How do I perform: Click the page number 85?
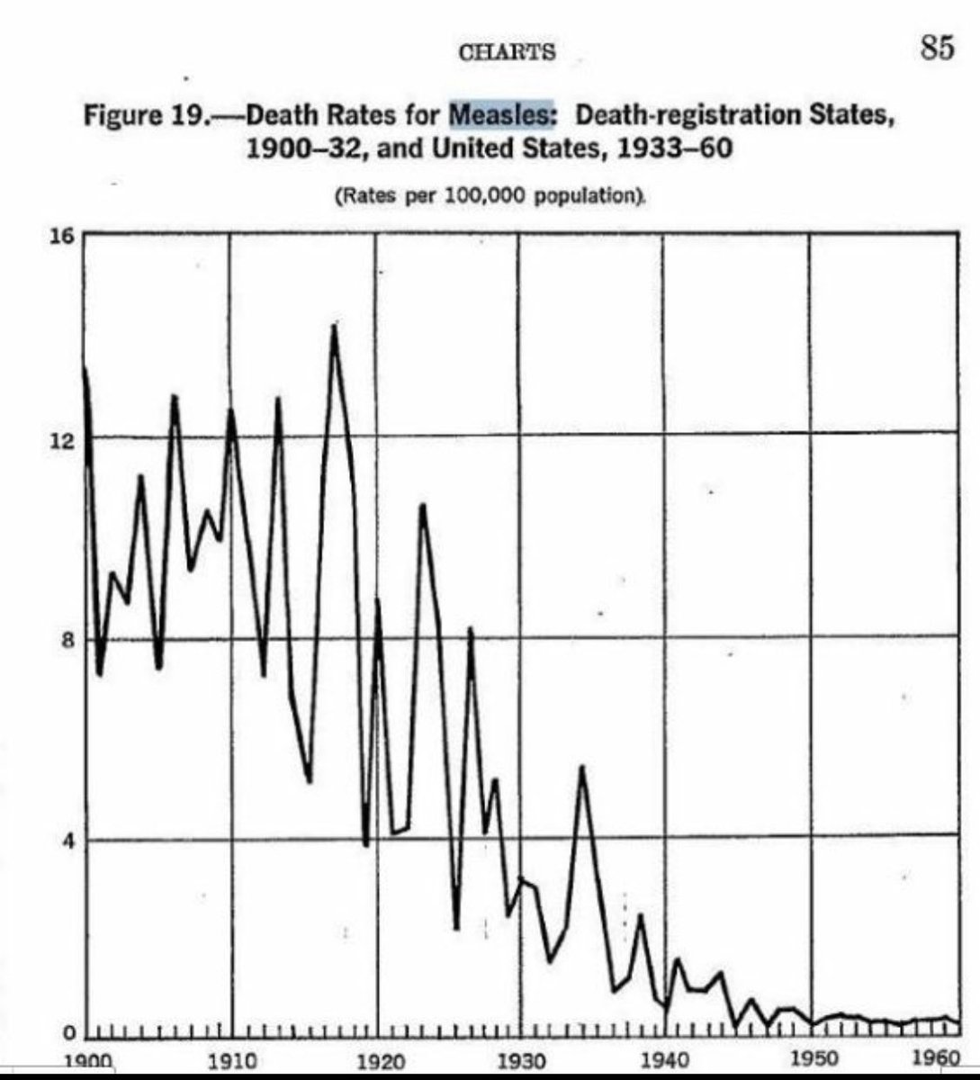coord(936,47)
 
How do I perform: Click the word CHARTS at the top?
coord(507,52)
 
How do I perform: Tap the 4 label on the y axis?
coord(65,841)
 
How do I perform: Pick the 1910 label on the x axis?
coord(229,1061)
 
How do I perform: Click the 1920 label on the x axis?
coord(374,1062)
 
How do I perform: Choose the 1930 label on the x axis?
coord(520,1062)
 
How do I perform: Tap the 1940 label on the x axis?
coord(664,1061)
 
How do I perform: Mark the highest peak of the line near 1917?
coord(335,326)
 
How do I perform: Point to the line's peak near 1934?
coord(582,767)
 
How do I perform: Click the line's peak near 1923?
coord(422,506)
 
